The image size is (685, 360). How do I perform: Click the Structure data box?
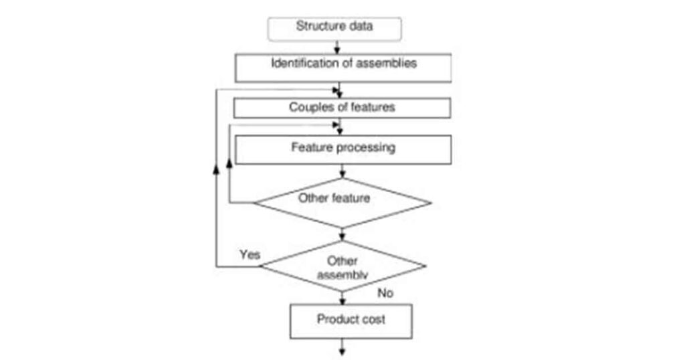coord(334,28)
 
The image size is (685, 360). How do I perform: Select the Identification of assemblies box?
coord(342,65)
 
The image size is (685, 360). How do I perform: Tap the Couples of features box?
coord(342,108)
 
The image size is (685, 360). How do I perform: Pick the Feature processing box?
coord(342,149)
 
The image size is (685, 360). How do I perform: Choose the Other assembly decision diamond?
coord(342,266)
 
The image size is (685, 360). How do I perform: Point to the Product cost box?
coord(351,320)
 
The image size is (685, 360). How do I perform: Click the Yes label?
coord(250,255)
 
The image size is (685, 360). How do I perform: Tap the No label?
coord(385,293)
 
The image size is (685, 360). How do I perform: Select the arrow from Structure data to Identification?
coord(338,47)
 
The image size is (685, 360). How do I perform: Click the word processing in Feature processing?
coord(367,147)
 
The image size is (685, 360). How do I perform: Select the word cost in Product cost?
coord(373,319)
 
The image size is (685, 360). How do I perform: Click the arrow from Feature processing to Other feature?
coord(342,172)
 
